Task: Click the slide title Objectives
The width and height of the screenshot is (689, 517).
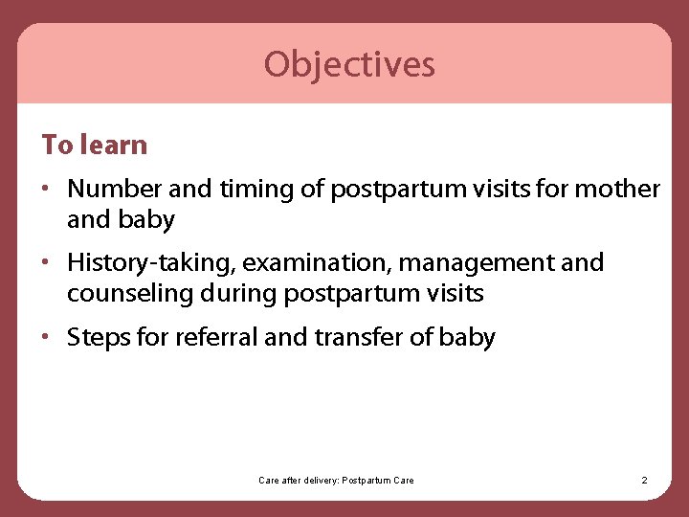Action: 349,64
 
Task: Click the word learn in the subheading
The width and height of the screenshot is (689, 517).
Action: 114,146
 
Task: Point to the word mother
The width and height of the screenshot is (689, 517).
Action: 619,190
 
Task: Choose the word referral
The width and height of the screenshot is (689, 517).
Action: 216,338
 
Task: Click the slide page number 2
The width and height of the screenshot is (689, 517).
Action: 644,480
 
